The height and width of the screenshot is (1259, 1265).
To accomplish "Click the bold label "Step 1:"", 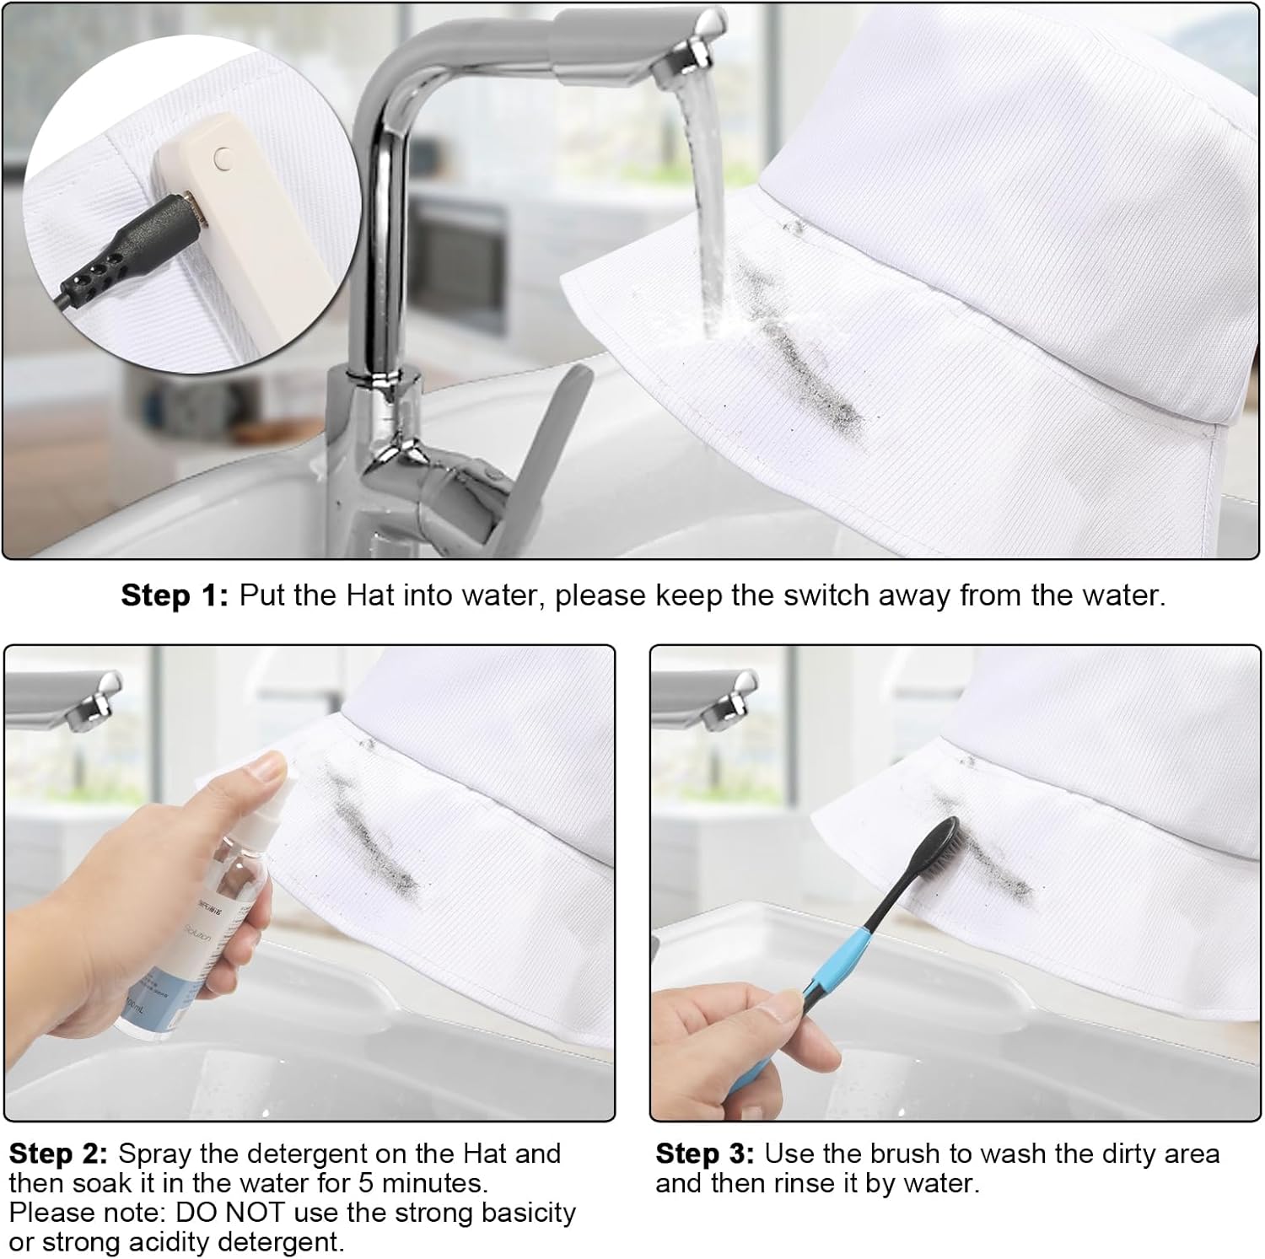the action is click(x=175, y=595).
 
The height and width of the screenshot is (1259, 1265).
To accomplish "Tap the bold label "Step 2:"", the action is click(x=58, y=1154).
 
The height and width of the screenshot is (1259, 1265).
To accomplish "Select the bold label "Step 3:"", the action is click(x=705, y=1154).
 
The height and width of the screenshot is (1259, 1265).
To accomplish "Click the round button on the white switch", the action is click(x=222, y=156).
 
